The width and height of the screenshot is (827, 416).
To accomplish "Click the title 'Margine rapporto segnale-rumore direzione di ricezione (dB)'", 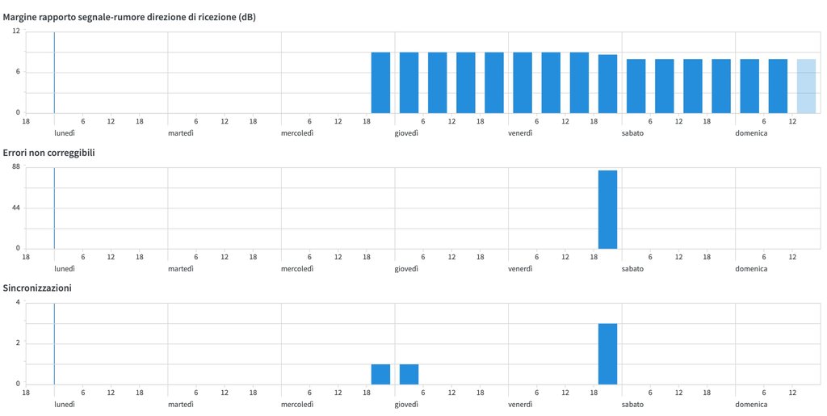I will point(130,16).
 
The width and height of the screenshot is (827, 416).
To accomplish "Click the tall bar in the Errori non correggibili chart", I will point(607,209).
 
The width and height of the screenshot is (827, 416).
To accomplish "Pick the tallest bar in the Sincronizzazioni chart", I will point(607,354).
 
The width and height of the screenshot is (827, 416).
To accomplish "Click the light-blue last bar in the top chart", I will point(806,86).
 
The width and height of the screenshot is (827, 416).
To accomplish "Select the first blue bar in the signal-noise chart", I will point(380,82).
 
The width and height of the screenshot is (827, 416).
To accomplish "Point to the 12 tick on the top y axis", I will point(16,32).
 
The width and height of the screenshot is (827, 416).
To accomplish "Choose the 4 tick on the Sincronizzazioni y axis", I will point(18,303).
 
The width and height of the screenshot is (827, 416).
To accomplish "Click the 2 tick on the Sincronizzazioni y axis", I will point(18,343).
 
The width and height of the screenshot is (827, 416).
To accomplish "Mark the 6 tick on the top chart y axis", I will point(18,72).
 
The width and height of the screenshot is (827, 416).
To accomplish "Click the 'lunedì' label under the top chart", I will point(65,133).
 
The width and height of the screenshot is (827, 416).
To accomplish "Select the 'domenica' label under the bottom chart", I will point(751,405).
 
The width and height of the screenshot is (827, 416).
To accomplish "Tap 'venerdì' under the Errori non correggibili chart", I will point(520,269).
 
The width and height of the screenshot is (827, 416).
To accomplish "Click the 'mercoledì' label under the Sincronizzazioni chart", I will point(297,405).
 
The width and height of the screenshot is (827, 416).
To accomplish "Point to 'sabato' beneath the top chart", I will point(632,133).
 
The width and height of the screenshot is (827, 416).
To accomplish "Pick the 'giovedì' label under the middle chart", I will point(407,269).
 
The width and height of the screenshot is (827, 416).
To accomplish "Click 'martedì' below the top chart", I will point(181,133).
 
